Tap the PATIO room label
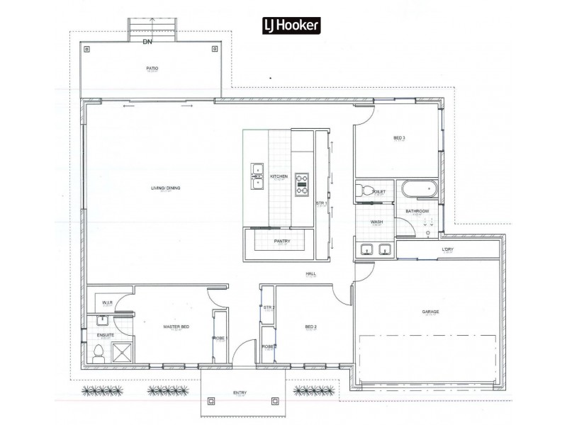[152, 69]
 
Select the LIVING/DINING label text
[165, 188]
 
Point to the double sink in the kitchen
[257, 176]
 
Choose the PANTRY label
[282, 241]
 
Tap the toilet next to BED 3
[364, 191]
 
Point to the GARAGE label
[430, 311]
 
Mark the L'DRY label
[447, 249]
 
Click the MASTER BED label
[175, 327]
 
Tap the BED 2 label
[310, 327]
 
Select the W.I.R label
[107, 303]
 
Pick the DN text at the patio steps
[147, 42]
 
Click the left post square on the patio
[89, 49]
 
